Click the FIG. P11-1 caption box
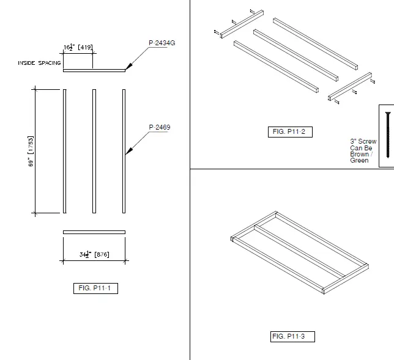pos(94,288)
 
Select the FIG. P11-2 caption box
pos(291,132)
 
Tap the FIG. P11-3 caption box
pos(292,336)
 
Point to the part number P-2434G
pos(162,42)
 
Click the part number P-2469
pos(159,127)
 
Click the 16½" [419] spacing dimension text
pos(78,47)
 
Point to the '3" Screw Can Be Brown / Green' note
pos(363,151)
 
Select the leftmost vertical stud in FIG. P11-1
pos(64,151)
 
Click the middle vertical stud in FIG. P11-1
pos(94,151)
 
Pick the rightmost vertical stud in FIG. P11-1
pos(124,151)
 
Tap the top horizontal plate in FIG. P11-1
pos(94,70)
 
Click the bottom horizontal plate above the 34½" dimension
pos(94,232)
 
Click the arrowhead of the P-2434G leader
pos(127,68)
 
